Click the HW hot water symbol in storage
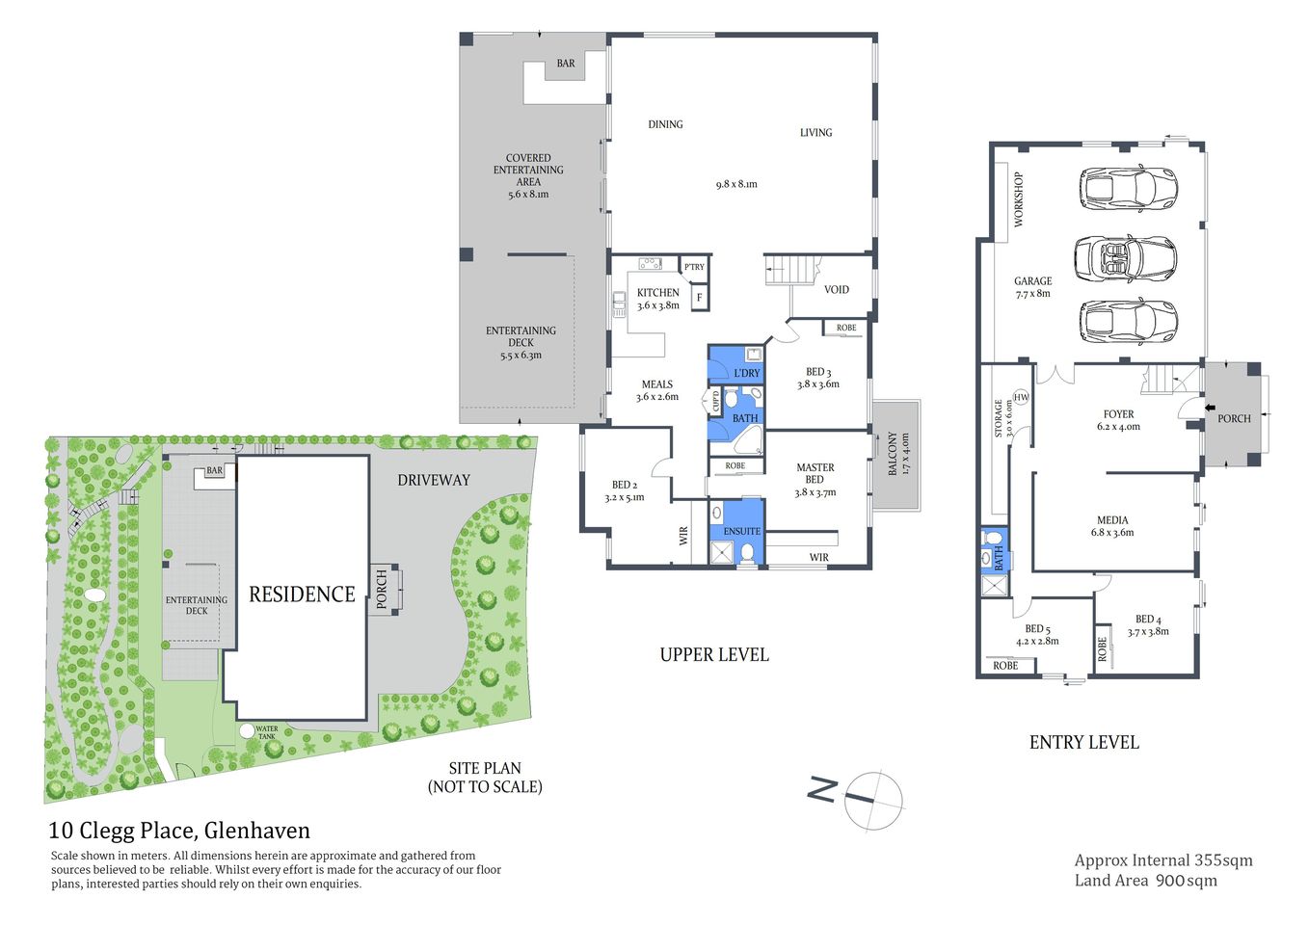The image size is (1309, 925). [x=1021, y=397]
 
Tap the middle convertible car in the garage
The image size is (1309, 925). [x=1125, y=257]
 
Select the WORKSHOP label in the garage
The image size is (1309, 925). [x=1018, y=199]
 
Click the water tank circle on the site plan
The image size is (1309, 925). [x=248, y=731]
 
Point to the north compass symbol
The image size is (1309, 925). [x=872, y=799]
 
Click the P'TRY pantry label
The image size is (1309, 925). [x=694, y=267]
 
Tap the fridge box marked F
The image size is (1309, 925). [x=699, y=298]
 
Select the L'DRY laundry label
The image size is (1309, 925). [x=746, y=373]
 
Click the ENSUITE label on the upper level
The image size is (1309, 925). [x=741, y=531]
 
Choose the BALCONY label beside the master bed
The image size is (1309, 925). [x=893, y=453]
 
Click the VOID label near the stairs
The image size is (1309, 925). [x=836, y=289]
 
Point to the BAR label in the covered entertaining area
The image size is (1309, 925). [x=566, y=64]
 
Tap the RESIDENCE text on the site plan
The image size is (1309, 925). [x=302, y=595]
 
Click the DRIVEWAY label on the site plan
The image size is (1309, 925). [x=434, y=480]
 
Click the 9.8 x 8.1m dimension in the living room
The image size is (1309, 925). [x=736, y=184]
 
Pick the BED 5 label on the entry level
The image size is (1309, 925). [x=1037, y=629]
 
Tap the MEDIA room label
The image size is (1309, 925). [x=1112, y=520]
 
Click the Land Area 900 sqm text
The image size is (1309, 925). [x=1145, y=880]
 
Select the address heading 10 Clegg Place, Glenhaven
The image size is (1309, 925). [x=179, y=831]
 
